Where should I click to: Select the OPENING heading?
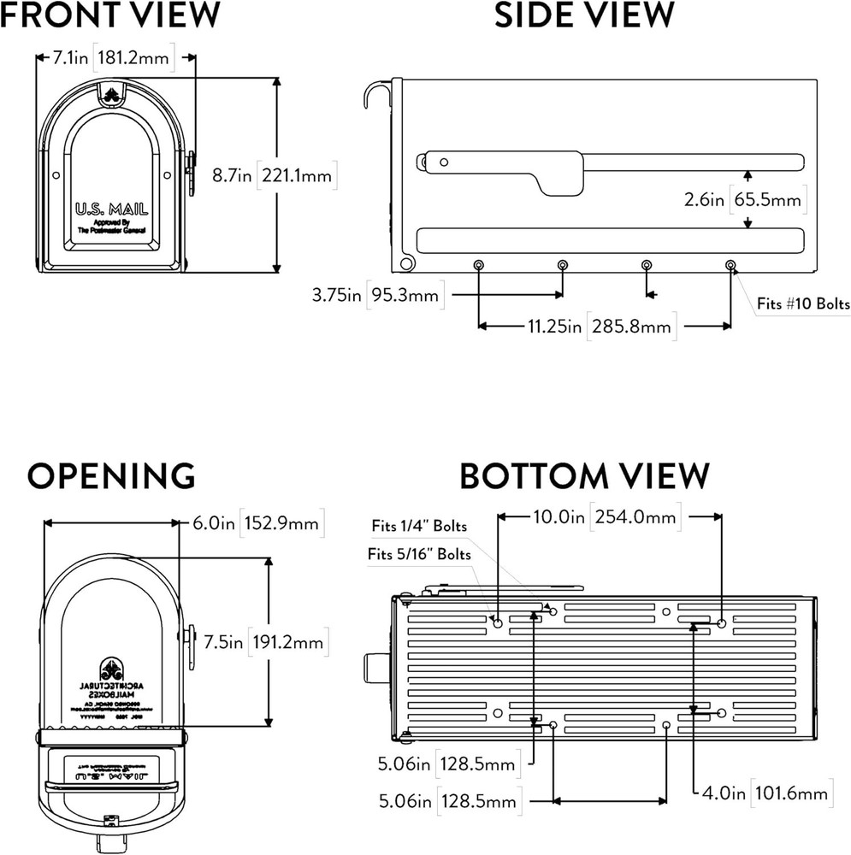click(111, 475)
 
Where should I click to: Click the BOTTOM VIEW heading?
click(585, 475)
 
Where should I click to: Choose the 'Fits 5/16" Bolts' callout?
click(419, 554)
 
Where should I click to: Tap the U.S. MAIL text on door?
click(112, 209)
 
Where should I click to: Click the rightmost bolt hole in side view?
click(730, 265)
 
